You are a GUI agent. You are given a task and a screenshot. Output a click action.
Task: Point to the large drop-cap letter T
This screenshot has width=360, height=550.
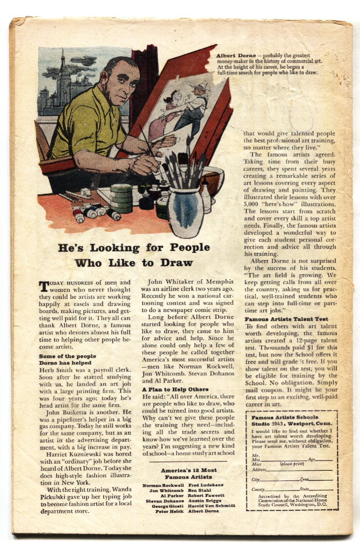pos(44,287)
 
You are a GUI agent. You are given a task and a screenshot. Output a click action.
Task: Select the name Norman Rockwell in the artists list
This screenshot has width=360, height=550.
pos(164,485)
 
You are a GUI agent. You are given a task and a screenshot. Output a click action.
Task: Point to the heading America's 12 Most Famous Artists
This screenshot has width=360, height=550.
pos(189,474)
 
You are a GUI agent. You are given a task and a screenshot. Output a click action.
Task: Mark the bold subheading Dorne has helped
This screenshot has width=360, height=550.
pos(67,363)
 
